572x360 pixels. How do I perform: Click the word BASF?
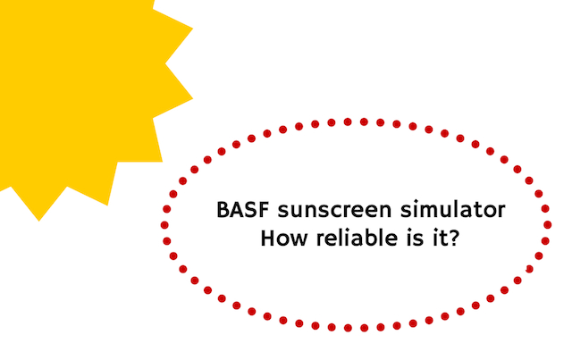click(243, 210)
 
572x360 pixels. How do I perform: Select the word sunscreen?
click(334, 211)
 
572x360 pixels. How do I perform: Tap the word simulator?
click(453, 210)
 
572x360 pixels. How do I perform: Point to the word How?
click(284, 239)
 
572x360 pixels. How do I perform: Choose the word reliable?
click(357, 238)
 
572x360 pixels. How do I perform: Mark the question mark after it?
click(452, 238)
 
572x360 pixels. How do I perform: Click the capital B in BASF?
click(223, 210)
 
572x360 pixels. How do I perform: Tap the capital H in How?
click(268, 239)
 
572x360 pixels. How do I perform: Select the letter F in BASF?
click(264, 210)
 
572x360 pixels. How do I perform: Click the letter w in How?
click(299, 240)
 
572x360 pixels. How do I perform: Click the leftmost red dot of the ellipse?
click(164, 225)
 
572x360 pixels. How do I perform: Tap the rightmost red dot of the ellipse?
click(547, 225)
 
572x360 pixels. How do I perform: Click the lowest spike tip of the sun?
click(39, 221)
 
